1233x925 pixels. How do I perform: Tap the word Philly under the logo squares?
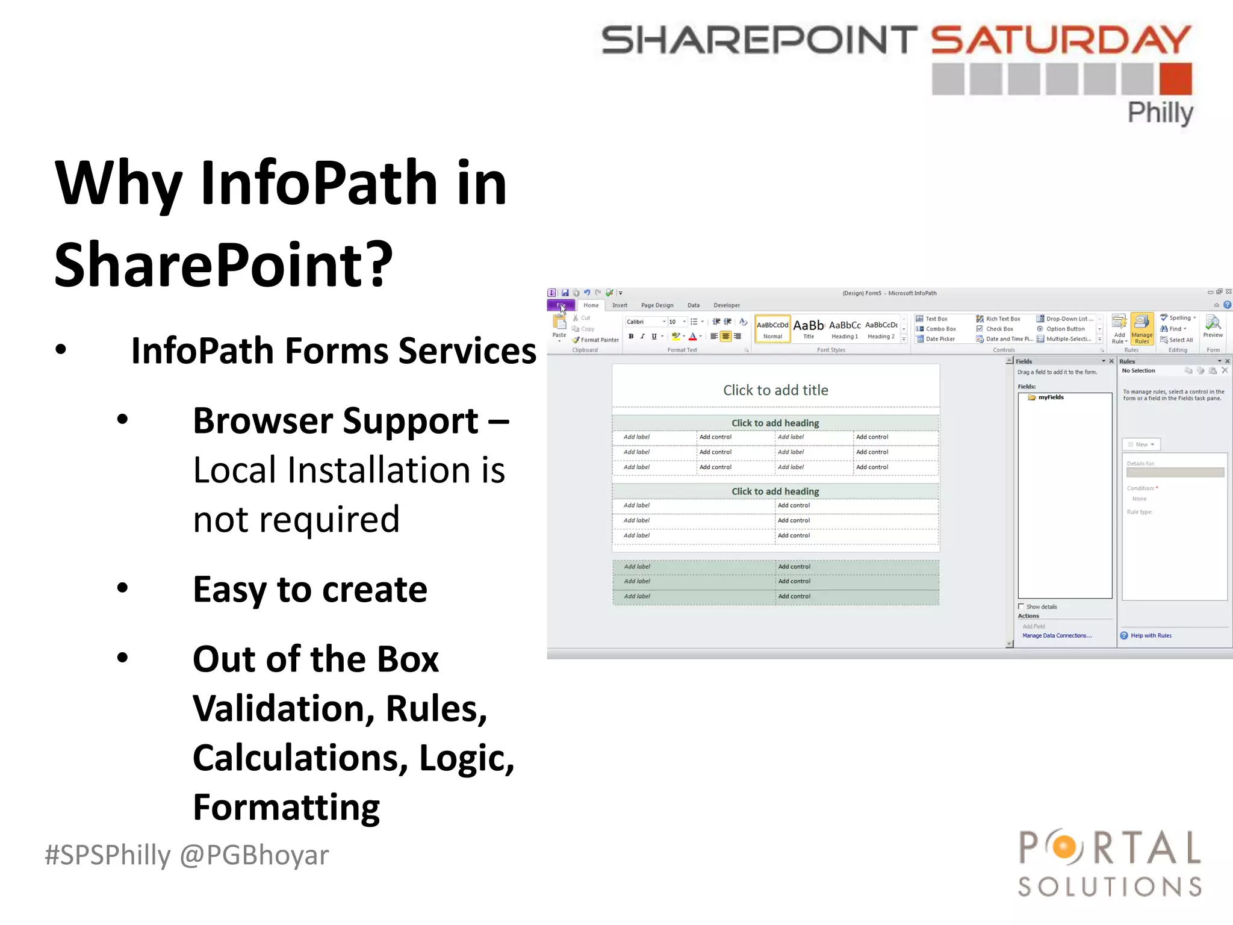[x=1160, y=113]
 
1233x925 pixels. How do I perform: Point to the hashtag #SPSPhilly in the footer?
[x=108, y=855]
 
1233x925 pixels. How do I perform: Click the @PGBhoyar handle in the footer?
[x=255, y=855]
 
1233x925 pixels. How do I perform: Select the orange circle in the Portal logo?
[x=1064, y=847]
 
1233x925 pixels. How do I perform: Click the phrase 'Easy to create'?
[x=309, y=589]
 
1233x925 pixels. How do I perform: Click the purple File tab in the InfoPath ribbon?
[x=561, y=305]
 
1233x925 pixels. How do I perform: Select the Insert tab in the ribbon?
[x=620, y=305]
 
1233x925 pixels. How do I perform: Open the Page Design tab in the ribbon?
[x=657, y=305]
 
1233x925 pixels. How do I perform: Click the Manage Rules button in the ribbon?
[x=1141, y=329]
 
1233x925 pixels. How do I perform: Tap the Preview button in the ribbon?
[x=1213, y=327]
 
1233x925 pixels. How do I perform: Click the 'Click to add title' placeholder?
[x=775, y=390]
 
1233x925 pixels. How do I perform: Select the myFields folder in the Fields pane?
[x=1050, y=397]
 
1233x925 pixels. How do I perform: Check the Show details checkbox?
[x=1021, y=606]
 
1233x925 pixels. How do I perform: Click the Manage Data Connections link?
[x=1057, y=636]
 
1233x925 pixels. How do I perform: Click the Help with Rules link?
[x=1151, y=636]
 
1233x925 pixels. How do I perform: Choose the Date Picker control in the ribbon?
[x=939, y=339]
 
